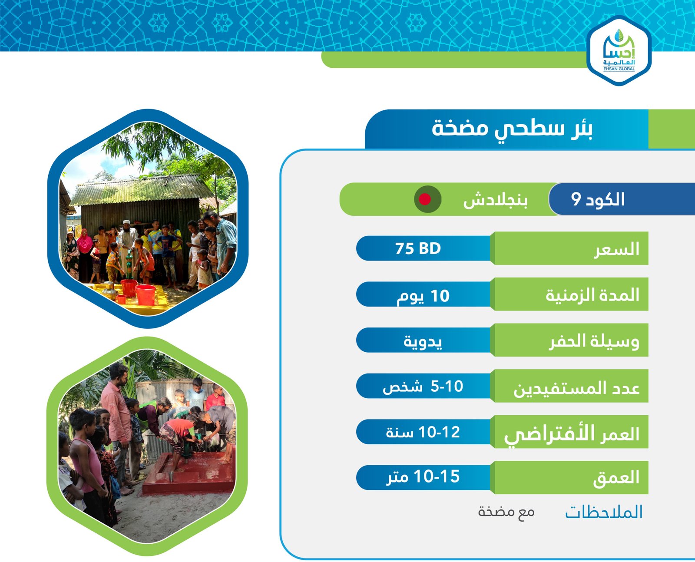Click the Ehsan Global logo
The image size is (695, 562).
[619, 50]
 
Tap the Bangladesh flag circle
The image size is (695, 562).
[427, 199]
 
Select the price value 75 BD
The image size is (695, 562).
[418, 248]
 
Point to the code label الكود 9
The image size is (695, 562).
[597, 199]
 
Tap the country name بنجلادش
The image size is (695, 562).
[495, 200]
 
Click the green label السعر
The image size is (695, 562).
[616, 250]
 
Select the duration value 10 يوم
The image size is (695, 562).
[423, 296]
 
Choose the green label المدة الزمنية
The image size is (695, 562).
[592, 295]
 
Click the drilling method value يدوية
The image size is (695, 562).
[423, 342]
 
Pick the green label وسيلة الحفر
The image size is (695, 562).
[594, 341]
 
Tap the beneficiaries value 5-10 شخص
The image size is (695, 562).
[423, 387]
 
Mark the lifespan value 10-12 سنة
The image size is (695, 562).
[423, 432]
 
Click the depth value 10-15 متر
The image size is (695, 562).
[423, 477]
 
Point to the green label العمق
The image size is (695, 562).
[616, 478]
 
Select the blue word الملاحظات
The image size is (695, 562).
[604, 512]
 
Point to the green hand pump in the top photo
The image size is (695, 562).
[129, 264]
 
